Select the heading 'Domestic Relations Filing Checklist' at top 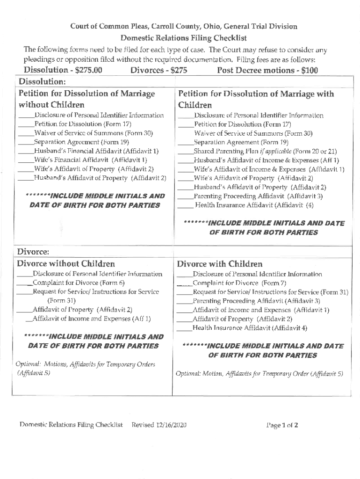[x=184, y=38]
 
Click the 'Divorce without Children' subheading [x=66, y=264]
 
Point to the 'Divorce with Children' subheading [x=220, y=264]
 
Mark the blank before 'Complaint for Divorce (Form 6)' [x=24, y=283]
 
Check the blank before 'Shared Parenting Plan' [x=186, y=152]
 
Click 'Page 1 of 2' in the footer [x=282, y=425]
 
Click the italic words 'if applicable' [x=264, y=152]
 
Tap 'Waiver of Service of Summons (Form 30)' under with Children [x=253, y=133]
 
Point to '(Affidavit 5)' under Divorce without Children [x=33, y=373]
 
